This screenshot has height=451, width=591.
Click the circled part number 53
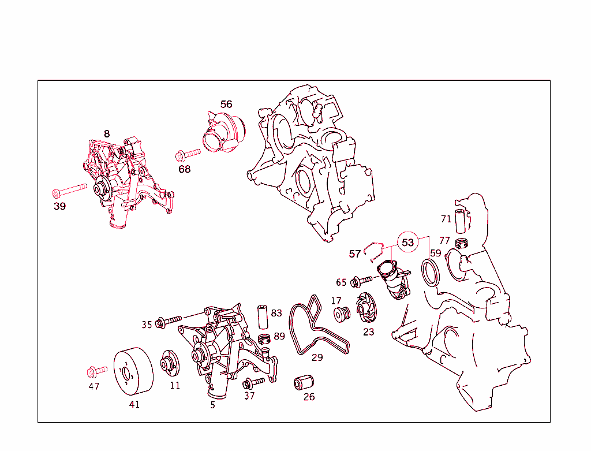click(408, 242)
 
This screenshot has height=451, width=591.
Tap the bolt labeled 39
click(70, 190)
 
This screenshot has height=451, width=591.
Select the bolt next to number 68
click(188, 154)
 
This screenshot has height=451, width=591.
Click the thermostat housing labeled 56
click(225, 132)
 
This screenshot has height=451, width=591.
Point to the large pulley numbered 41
click(133, 371)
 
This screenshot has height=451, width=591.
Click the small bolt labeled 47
click(97, 371)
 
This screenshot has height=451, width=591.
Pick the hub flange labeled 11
click(170, 363)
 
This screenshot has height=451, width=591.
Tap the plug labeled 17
click(342, 314)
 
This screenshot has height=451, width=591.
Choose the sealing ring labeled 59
click(430, 272)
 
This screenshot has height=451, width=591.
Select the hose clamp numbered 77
click(461, 244)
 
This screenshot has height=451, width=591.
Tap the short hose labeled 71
click(461, 221)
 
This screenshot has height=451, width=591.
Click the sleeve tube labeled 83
click(263, 317)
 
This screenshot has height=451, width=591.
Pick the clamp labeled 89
click(264, 339)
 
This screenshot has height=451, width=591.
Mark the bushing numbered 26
click(304, 382)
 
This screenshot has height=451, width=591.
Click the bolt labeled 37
click(254, 383)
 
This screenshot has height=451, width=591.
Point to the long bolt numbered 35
click(170, 321)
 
